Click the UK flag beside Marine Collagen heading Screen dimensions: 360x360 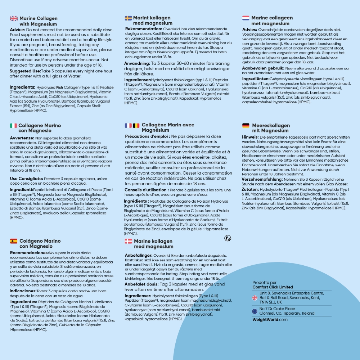coord(14,18)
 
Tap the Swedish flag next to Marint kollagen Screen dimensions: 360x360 coord(128,18)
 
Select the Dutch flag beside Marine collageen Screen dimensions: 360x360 coord(246,18)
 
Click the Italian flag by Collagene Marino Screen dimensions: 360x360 coord(13,126)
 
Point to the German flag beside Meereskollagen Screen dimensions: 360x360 coord(246,126)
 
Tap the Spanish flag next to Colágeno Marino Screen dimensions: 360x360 coord(14,241)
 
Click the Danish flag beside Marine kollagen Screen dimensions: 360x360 coord(128,241)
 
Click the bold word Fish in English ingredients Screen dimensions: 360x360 coord(59,87)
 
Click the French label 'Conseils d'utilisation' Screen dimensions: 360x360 coord(146,190)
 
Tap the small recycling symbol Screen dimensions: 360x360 coord(227,238)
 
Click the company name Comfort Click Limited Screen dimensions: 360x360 coord(273,287)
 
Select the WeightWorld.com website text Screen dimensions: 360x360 coord(270,319)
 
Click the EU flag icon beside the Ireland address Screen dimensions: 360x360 coord(255,311)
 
